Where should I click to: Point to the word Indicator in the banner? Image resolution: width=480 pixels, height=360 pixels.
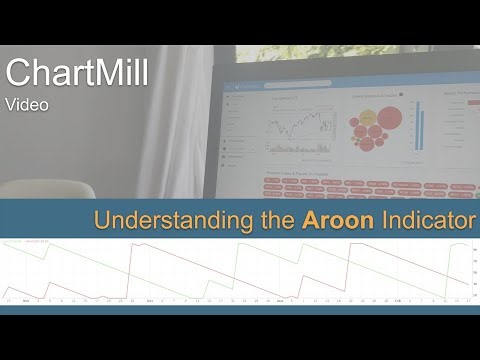pyautogui.click(x=425, y=220)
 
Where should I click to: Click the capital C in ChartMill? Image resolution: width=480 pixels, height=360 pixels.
pyautogui.click(x=16, y=72)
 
